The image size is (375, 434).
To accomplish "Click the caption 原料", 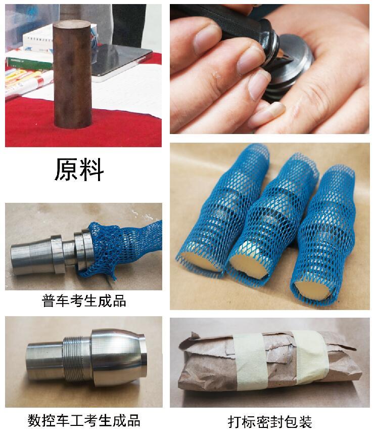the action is tap(79, 169).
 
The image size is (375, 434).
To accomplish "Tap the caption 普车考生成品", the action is tap(84, 300).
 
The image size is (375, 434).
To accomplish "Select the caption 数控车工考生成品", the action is tap(84, 420).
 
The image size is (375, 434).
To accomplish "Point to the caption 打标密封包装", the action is tap(270, 422).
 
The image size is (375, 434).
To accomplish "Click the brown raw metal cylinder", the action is tap(72, 74).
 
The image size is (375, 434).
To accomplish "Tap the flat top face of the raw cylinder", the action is tap(72, 24).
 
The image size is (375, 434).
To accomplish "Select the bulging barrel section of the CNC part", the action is tap(116, 357).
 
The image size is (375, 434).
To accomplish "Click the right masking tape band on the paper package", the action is tap(311, 357).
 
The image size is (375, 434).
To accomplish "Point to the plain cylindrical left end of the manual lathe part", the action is tap(30, 257).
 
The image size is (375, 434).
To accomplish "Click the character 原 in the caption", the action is tap(67, 169).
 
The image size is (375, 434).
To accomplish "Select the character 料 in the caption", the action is tap(91, 169).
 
